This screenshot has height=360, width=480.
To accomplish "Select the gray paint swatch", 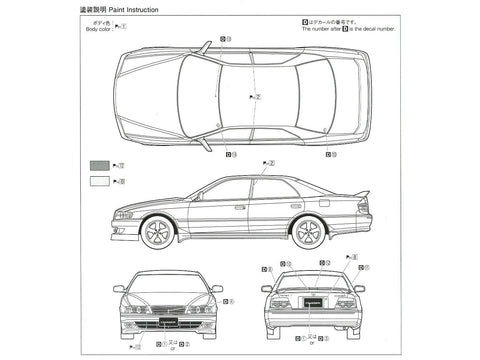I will click(100, 164).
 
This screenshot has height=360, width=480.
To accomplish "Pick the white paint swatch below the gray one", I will click(100, 181).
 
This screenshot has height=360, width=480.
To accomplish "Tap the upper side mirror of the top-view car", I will click(203, 47).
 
